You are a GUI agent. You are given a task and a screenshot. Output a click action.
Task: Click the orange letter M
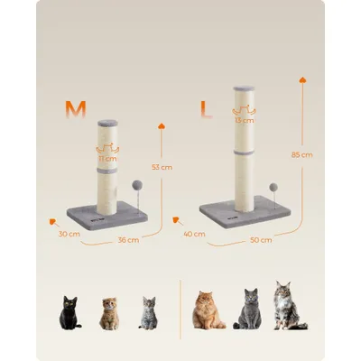click(75, 109)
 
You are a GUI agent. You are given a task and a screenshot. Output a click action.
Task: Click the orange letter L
click(205, 112)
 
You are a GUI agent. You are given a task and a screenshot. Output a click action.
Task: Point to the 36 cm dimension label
click(128, 240)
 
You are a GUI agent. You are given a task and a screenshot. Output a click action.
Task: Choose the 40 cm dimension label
click(192, 234)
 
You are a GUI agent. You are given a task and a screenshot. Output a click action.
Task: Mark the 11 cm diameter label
click(107, 157)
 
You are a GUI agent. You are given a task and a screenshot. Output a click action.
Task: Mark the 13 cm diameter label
click(243, 119)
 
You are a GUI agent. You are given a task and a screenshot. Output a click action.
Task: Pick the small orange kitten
click(109, 314)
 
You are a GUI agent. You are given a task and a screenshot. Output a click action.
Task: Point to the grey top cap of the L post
click(243, 90)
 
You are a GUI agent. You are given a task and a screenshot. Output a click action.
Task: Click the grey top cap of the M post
click(106, 122)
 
